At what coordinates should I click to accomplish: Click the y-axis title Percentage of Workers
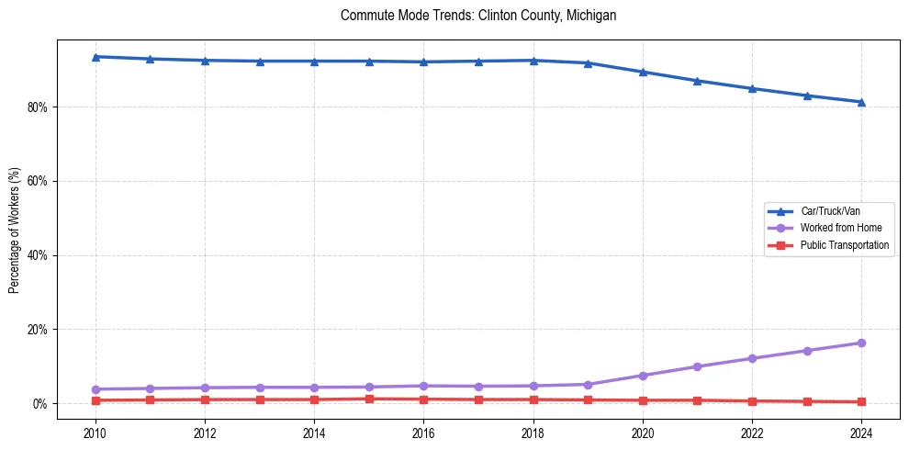point(15,231)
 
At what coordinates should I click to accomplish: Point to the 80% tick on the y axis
point(38,107)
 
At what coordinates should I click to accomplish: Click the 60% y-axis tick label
point(38,182)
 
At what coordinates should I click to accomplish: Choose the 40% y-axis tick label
point(38,255)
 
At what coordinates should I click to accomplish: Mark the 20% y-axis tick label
point(38,330)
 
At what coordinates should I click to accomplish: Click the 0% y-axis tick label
point(40,404)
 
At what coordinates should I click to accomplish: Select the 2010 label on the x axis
point(95,433)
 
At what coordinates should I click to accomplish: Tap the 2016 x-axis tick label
point(423,433)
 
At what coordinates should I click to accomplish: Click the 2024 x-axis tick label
point(861,433)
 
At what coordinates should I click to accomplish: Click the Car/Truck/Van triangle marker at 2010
point(95,57)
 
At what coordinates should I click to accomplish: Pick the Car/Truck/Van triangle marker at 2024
point(861,102)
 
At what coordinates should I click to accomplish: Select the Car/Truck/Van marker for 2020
point(643,72)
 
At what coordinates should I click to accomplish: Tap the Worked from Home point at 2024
point(861,343)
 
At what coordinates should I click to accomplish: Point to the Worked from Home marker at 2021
point(697,366)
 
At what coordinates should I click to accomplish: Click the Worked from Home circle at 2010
point(95,389)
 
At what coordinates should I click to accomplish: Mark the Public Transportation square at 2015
point(369,399)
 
